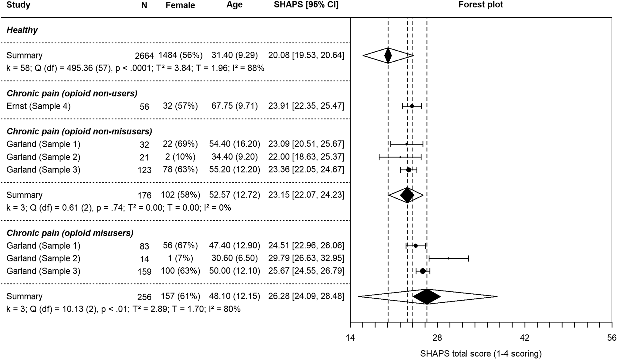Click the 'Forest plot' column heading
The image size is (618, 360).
click(x=481, y=5)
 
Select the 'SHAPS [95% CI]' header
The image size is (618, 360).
click(x=306, y=5)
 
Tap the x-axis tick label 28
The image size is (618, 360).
click(x=437, y=338)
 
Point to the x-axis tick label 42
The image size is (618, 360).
click(x=525, y=338)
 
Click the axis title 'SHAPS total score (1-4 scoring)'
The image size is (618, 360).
click(x=481, y=354)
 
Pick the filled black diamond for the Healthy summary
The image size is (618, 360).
click(x=388, y=56)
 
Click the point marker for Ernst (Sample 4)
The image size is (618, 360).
click(x=412, y=106)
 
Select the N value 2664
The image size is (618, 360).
click(x=144, y=56)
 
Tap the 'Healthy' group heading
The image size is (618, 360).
click(x=22, y=30)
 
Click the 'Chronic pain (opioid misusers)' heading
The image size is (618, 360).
click(x=70, y=233)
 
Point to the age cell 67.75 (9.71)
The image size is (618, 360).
click(x=235, y=106)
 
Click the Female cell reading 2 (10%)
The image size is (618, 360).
click(x=180, y=157)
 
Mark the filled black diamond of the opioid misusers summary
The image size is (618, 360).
click(x=427, y=296)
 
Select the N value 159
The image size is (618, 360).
click(x=144, y=271)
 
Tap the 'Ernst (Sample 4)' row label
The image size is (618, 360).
click(x=38, y=106)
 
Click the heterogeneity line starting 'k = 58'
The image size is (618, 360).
click(x=135, y=68)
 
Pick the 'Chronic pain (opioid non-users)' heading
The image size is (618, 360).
click(x=72, y=94)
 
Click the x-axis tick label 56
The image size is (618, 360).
click(x=611, y=338)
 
